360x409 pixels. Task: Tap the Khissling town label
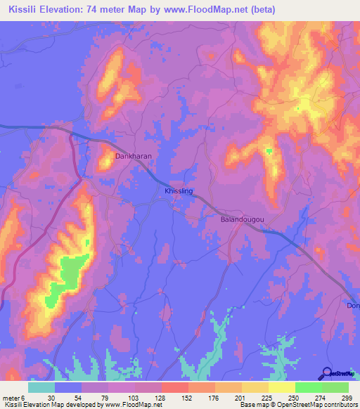[x=179, y=190]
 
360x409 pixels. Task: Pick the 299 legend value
[x=345, y=398]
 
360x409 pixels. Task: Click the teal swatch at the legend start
[x=41, y=387]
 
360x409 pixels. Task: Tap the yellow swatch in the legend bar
[x=281, y=387]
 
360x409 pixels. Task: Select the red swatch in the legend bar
[x=174, y=387]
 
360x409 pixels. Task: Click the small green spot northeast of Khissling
[x=268, y=150]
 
